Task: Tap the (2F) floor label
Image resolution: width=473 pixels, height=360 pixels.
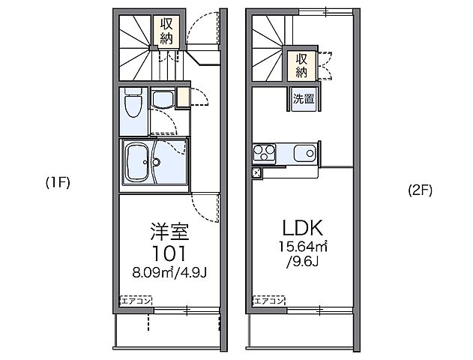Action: coord(420,190)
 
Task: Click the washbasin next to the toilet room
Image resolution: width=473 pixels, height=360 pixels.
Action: coord(161,99)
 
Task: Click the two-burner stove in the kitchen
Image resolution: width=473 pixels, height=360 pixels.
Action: coord(265,153)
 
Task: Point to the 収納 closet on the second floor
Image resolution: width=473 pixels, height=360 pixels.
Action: coord(301,64)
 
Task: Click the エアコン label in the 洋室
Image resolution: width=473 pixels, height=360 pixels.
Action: coord(136,300)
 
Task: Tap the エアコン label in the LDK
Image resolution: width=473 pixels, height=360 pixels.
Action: coord(268,300)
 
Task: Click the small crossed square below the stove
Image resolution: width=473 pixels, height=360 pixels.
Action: coord(256,172)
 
